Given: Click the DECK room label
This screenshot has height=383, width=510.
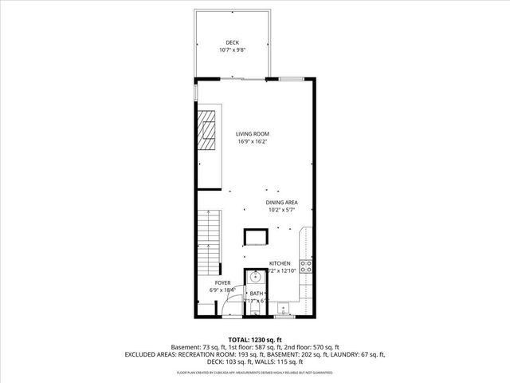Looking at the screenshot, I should pyautogui.click(x=232, y=42).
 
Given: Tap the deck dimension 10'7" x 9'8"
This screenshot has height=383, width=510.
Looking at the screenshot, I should pyautogui.click(x=232, y=50).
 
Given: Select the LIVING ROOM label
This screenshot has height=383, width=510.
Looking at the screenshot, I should pyautogui.click(x=253, y=134).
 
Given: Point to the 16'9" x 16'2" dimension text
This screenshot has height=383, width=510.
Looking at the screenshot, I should pyautogui.click(x=253, y=142).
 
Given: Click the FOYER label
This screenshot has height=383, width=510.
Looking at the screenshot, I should pyautogui.click(x=222, y=283).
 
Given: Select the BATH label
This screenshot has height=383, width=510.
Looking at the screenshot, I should pyautogui.click(x=257, y=294).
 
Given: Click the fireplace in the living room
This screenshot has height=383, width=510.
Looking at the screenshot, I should pyautogui.click(x=207, y=131).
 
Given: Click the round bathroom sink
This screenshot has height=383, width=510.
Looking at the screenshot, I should pyautogui.click(x=255, y=277).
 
